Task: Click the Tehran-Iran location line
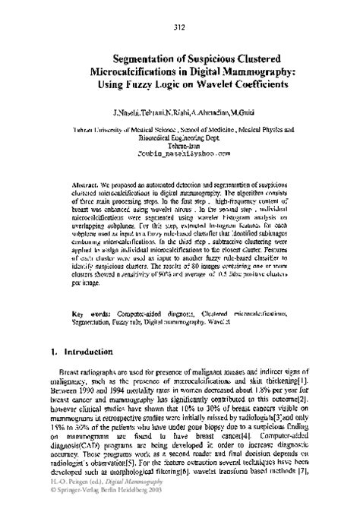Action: click(x=180, y=143)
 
